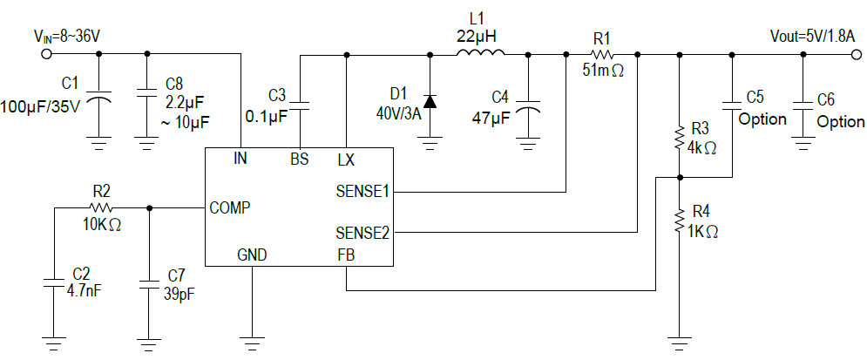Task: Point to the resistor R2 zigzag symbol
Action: tap(102, 207)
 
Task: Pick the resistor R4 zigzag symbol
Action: tap(680, 223)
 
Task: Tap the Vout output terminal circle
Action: tap(856, 55)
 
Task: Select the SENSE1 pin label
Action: tap(361, 191)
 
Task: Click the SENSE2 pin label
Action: tap(361, 233)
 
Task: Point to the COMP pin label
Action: tap(231, 208)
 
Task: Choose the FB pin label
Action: tap(345, 255)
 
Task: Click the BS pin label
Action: tap(300, 160)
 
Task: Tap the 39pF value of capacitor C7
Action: tap(178, 294)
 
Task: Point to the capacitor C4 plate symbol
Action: tap(527, 108)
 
